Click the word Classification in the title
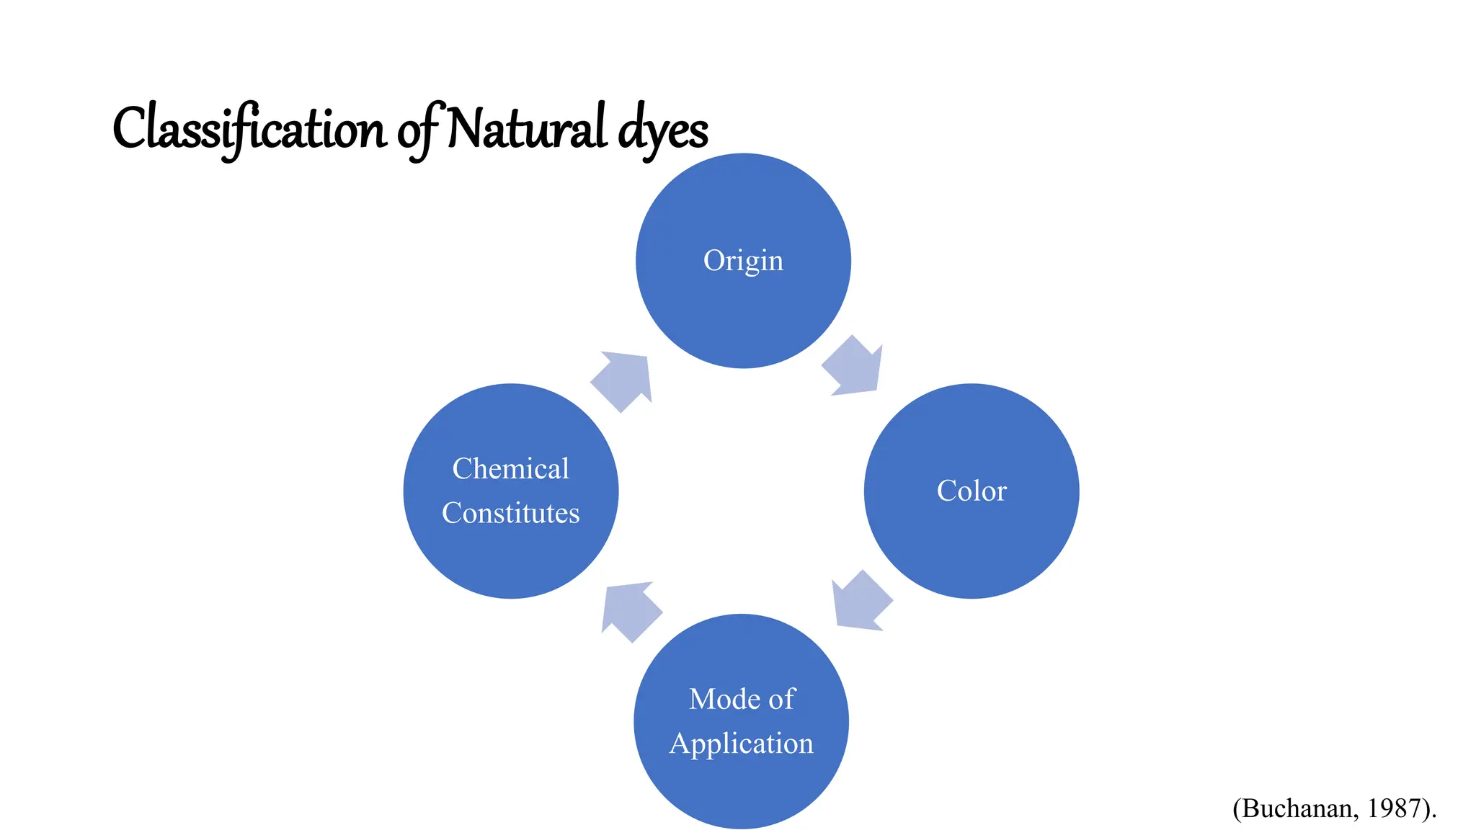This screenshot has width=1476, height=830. [x=249, y=130]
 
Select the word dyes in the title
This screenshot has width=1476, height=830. [x=664, y=131]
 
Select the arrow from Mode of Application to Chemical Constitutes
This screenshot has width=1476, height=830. [x=629, y=610]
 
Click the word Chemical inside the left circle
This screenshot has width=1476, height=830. [x=511, y=469]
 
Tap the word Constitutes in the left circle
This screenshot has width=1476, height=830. [x=511, y=513]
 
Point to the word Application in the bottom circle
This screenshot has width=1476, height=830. [x=742, y=744]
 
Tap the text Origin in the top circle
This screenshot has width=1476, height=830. [x=743, y=261]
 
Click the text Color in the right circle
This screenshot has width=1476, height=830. [x=972, y=491]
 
